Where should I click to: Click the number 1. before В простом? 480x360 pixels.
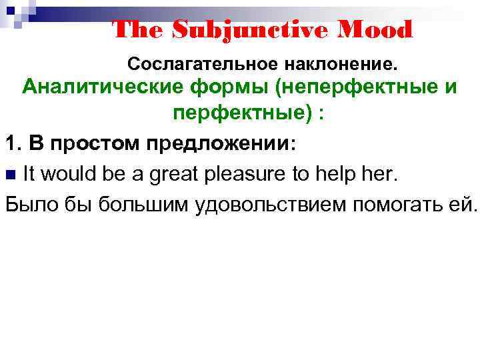pyautogui.click(x=14, y=143)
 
